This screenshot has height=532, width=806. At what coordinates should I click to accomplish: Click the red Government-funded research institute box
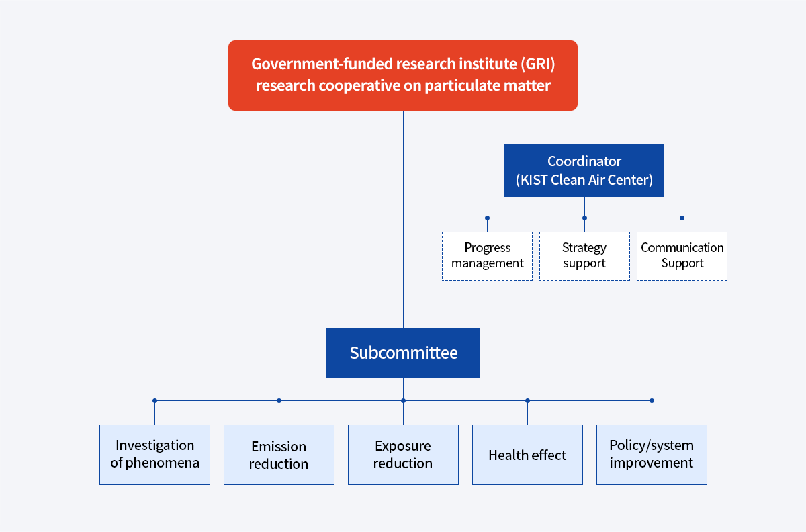pos(403,75)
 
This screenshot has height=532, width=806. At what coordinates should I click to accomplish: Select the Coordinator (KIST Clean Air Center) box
pos(584,171)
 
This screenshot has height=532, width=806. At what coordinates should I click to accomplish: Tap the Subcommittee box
pos(403,353)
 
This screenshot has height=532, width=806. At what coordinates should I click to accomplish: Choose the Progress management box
pos(487,256)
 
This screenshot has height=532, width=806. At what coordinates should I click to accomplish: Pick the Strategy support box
pos(584,256)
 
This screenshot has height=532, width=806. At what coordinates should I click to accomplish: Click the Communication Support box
pos(682,256)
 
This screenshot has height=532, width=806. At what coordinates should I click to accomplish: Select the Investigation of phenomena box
pos(154,455)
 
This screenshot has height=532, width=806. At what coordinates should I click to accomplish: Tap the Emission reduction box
pos(279,455)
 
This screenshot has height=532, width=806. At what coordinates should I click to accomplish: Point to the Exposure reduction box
pos(403,455)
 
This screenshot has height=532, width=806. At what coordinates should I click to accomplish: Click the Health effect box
pos(527,455)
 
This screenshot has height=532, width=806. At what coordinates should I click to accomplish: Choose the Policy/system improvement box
pos(652,455)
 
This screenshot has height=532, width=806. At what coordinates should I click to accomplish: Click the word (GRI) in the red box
pos(537,64)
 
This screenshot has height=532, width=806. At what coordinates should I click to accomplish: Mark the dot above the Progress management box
pos(487,218)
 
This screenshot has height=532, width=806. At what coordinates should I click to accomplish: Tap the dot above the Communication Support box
pos(682,218)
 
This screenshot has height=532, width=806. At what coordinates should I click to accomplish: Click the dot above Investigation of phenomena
pos(154,400)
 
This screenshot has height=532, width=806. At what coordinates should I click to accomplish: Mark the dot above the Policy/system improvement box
pos(652,400)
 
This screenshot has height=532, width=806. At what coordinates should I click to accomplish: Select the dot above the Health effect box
pos(527,400)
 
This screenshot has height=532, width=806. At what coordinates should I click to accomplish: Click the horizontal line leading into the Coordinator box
pos(454,171)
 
